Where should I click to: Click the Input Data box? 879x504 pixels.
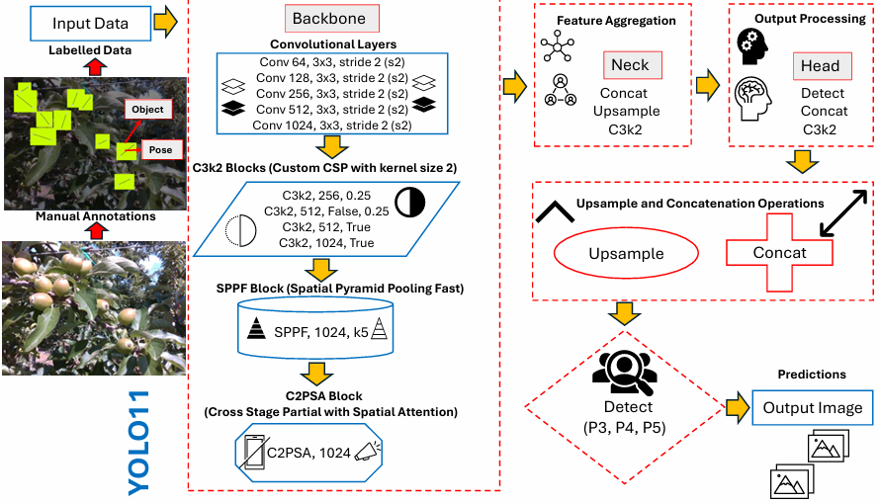pyautogui.click(x=90, y=24)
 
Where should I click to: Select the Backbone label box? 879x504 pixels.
pyautogui.click(x=332, y=19)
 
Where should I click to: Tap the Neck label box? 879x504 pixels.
pyautogui.click(x=633, y=65)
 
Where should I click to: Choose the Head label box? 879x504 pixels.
pyautogui.click(x=823, y=66)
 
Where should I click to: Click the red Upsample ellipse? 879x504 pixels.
pyautogui.click(x=626, y=253)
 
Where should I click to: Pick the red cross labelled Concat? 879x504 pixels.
pyautogui.click(x=779, y=253)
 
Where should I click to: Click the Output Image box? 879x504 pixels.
pyautogui.click(x=813, y=408)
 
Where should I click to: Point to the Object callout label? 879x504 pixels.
pyautogui.click(x=148, y=109)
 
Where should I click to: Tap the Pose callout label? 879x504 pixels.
pyautogui.click(x=161, y=149)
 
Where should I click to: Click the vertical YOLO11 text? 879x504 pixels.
pyautogui.click(x=138, y=443)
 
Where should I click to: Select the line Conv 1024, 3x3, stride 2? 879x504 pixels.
pyautogui.click(x=332, y=125)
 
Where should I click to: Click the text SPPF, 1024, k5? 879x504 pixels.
pyautogui.click(x=321, y=332)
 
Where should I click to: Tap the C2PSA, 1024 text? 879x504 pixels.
pyautogui.click(x=308, y=453)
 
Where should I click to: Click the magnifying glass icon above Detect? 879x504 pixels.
pyautogui.click(x=625, y=373)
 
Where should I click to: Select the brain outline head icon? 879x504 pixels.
pyautogui.click(x=753, y=99)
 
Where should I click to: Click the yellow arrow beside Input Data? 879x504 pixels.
pyautogui.click(x=165, y=22)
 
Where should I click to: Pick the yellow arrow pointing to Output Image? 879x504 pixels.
pyautogui.click(x=738, y=408)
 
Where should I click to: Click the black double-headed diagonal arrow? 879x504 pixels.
pyautogui.click(x=843, y=212)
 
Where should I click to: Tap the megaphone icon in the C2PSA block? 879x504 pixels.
pyautogui.click(x=368, y=452)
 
